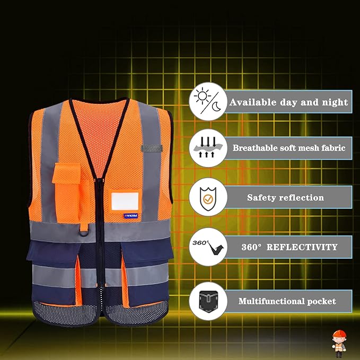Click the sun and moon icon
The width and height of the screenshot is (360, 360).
(208, 102)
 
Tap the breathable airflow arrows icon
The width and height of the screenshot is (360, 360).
(208, 148)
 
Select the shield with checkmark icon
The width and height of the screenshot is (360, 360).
(208, 197)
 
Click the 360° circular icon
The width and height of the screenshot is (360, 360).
(208, 247)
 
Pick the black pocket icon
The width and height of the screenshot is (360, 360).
(208, 301)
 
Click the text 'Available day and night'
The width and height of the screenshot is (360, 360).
(288, 102)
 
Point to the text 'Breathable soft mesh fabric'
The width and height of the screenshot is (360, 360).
(288, 148)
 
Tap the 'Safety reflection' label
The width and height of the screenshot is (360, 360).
(285, 198)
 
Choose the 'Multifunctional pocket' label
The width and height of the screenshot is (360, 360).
(287, 301)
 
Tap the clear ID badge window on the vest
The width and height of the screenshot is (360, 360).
(125, 201)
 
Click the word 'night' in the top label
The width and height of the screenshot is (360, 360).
(335, 102)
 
